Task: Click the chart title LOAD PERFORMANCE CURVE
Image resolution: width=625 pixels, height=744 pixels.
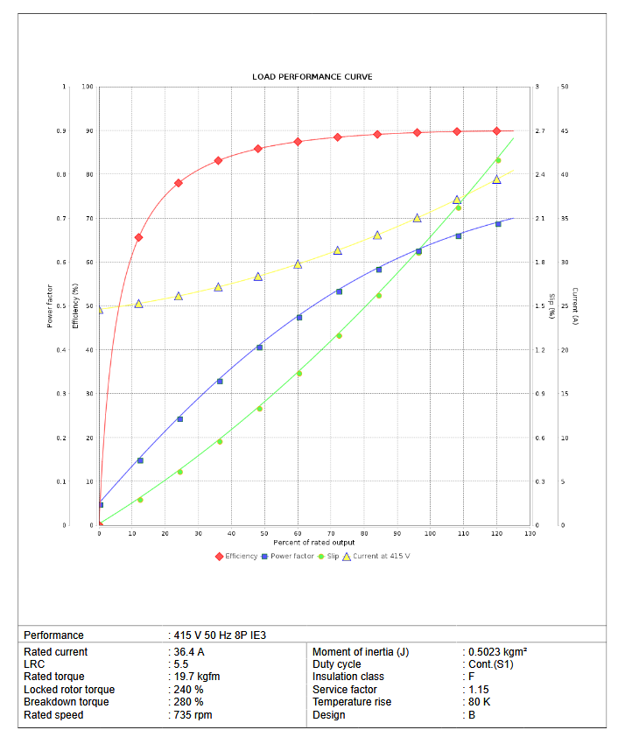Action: [x=312, y=77]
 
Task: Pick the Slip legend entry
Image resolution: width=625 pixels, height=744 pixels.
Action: [x=332, y=556]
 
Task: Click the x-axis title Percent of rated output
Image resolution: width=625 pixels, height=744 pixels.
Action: [x=312, y=543]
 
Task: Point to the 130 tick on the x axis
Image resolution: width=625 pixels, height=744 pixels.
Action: [x=530, y=533]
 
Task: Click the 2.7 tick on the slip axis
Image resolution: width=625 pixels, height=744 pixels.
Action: [x=540, y=131]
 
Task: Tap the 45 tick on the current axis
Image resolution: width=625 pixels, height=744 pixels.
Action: [x=565, y=131]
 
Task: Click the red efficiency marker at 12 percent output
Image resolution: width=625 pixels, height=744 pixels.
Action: [x=138, y=237]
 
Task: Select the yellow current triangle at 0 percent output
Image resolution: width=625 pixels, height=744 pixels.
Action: [x=99, y=310]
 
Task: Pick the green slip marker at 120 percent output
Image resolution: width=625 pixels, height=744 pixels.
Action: [x=497, y=160]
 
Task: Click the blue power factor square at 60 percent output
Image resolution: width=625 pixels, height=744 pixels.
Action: [x=298, y=317]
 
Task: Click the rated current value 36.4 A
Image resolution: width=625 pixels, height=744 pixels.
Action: [x=188, y=652]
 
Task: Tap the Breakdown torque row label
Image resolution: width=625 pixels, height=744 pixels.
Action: [x=67, y=702]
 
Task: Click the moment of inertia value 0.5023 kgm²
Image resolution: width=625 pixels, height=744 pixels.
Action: [x=495, y=652]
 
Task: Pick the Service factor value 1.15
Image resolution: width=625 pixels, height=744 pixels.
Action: [x=479, y=690]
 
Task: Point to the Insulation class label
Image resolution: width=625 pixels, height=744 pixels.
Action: [x=348, y=677]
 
